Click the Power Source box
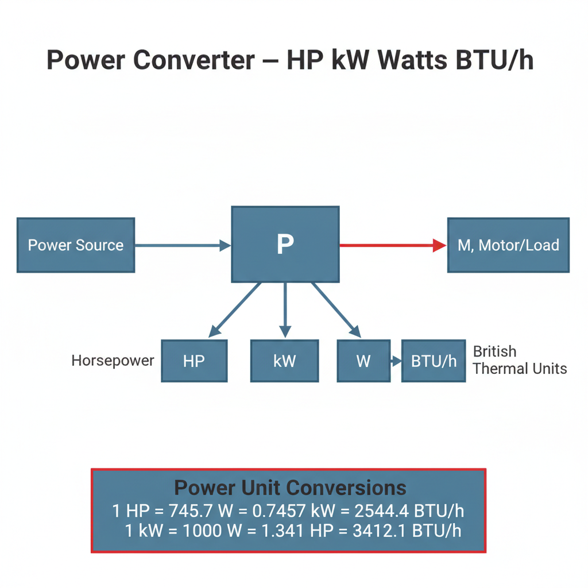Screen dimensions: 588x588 click(x=76, y=245)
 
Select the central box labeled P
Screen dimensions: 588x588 click(x=285, y=244)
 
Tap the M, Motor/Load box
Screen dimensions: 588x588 click(x=509, y=245)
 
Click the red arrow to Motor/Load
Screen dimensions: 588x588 click(x=393, y=245)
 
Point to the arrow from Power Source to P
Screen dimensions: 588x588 click(x=183, y=245)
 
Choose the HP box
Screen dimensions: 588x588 click(x=194, y=361)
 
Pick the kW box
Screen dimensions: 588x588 click(x=285, y=361)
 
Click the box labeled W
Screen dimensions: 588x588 click(x=363, y=361)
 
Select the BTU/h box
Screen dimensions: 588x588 click(x=434, y=361)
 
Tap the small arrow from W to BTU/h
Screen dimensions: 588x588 click(x=396, y=361)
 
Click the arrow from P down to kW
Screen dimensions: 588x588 click(x=285, y=310)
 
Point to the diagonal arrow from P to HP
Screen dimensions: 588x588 click(x=234, y=310)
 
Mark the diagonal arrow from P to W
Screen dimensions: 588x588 click(x=336, y=310)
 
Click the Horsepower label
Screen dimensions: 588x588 click(x=113, y=361)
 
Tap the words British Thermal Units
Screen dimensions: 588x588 click(x=520, y=360)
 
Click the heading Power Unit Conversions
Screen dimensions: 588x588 click(x=290, y=488)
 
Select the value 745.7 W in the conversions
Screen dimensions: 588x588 click(x=201, y=510)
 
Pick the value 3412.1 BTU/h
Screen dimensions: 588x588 click(x=407, y=531)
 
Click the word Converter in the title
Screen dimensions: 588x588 click(x=194, y=60)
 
